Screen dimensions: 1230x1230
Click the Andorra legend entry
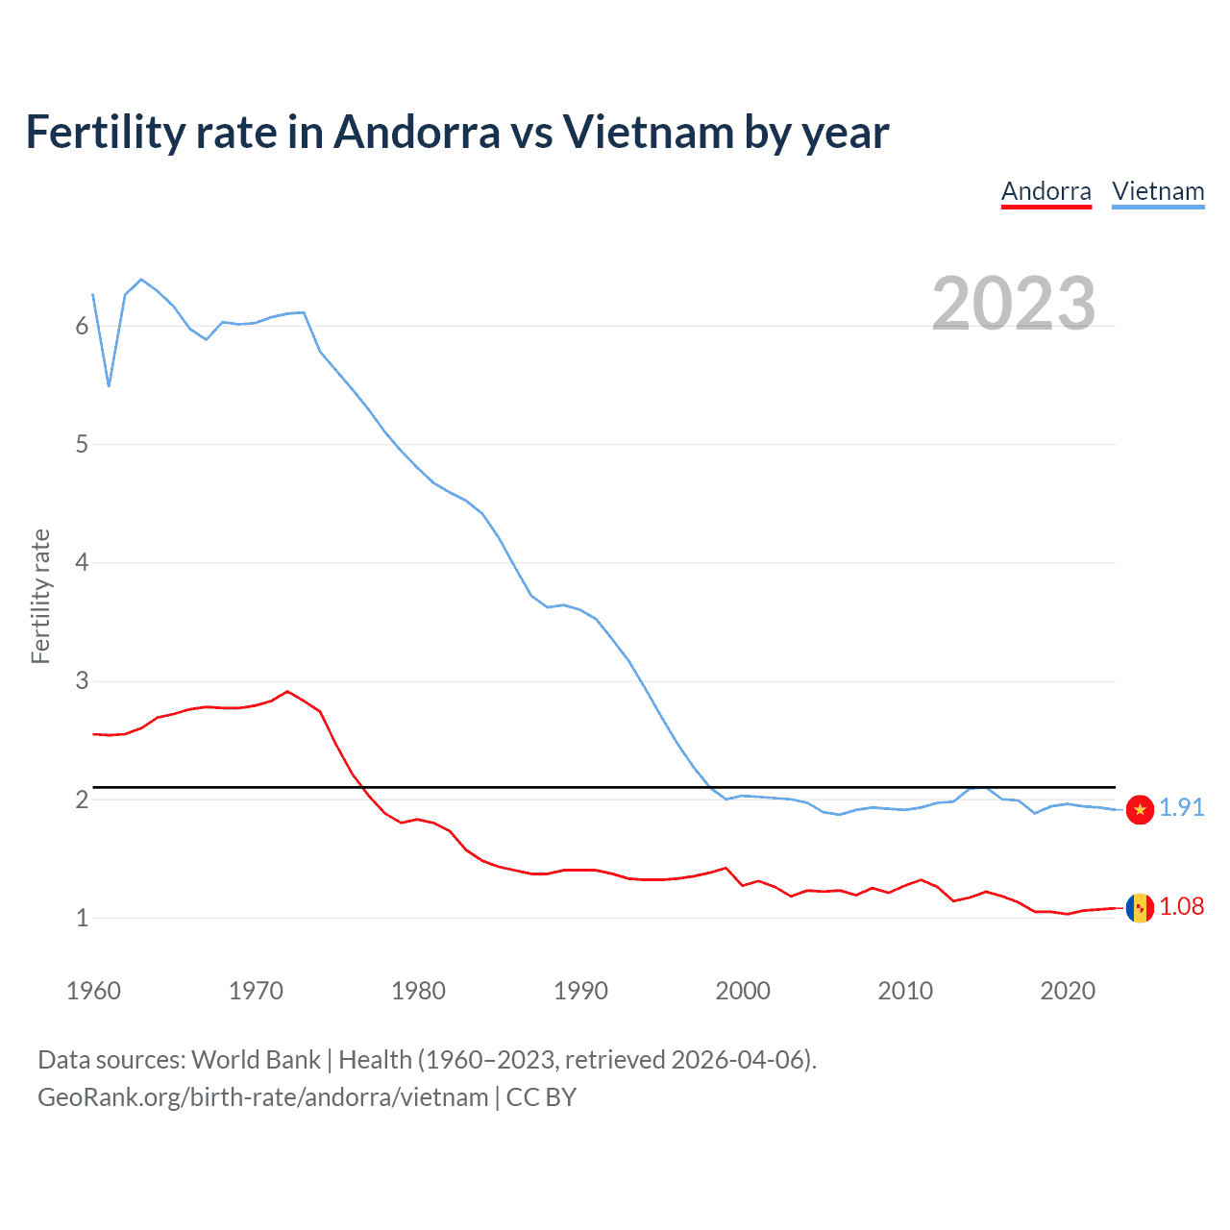[1045, 191]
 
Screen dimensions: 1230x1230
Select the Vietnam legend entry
[1158, 191]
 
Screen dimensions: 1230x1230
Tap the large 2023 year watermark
[1013, 304]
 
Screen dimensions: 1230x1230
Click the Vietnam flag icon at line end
[1140, 809]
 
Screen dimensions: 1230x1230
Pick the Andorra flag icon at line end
[1140, 907]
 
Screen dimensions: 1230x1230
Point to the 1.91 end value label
[1181, 807]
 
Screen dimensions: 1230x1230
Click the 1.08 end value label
[1181, 906]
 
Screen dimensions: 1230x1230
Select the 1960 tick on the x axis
[93, 991]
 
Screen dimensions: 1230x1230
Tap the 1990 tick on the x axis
[580, 991]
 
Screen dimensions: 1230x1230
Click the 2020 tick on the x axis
[1068, 991]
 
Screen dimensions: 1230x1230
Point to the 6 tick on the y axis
[82, 327]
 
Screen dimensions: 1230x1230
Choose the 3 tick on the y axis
[82, 681]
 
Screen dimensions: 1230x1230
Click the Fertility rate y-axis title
[40, 596]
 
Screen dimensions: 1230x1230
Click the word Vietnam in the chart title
[649, 133]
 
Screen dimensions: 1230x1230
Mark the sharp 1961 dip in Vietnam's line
[110, 385]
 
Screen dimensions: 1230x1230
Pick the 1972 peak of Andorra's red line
[287, 691]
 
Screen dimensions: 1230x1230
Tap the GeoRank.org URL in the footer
[262, 1097]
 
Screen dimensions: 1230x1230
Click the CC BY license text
[541, 1097]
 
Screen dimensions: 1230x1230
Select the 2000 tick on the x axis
[743, 991]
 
